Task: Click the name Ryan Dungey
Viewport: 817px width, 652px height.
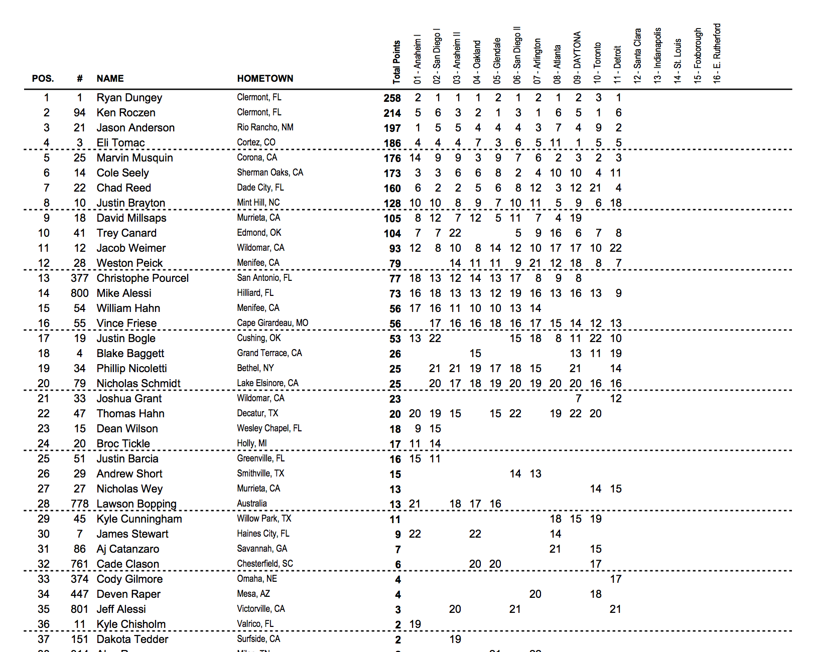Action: (129, 98)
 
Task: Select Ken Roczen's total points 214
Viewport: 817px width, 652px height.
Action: (392, 113)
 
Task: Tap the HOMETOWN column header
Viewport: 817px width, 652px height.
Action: (265, 79)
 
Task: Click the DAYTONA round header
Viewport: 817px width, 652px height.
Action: (577, 57)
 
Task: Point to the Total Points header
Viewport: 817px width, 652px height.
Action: (396, 62)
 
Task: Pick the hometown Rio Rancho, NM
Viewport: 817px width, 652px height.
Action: (265, 127)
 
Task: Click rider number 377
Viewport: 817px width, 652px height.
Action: (79, 278)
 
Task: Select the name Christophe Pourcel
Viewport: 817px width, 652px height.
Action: (143, 278)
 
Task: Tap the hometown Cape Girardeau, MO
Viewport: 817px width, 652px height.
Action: (273, 323)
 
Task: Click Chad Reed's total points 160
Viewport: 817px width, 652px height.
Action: (392, 189)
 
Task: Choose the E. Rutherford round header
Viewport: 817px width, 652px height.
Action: (717, 53)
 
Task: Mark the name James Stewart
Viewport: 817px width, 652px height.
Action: (132, 534)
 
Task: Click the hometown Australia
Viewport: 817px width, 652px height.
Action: (252, 504)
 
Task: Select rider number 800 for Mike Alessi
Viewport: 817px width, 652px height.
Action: (79, 293)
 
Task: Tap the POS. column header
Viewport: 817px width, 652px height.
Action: (43, 79)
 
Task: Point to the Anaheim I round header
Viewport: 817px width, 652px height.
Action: (417, 59)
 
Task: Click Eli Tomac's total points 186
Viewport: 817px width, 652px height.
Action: (392, 143)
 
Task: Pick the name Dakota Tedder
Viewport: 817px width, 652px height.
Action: (132, 639)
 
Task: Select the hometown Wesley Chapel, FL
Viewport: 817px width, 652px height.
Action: (269, 428)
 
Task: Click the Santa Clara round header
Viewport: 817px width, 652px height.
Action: (637, 55)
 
